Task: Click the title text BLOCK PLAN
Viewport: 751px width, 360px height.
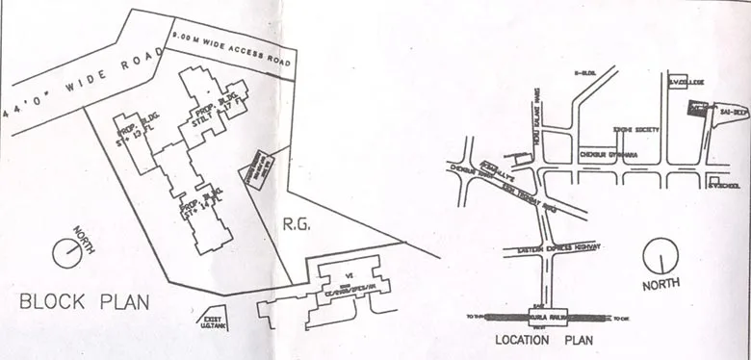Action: (86, 302)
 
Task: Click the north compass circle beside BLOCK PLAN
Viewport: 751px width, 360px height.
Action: (67, 252)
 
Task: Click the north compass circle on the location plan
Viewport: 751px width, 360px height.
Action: (662, 255)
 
